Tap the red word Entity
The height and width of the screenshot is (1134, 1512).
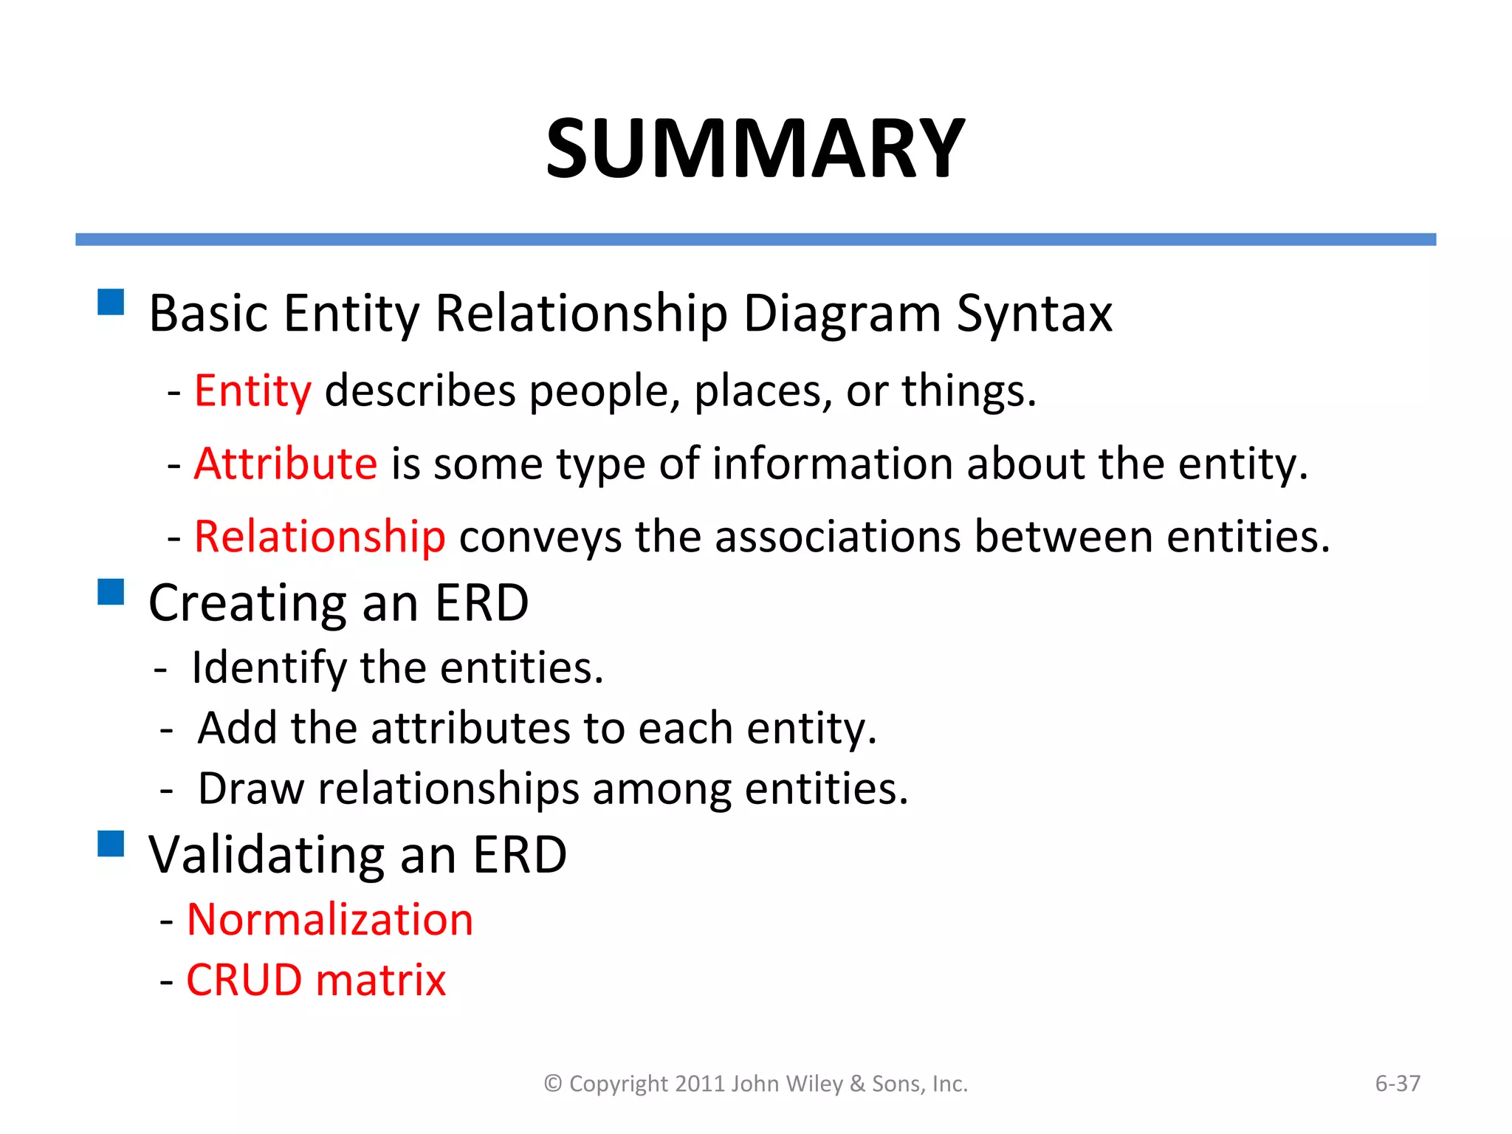pos(252,391)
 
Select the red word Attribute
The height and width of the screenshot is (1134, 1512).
pos(286,464)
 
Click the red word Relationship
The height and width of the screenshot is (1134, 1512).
pos(320,536)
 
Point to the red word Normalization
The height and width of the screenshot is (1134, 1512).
pos(330,920)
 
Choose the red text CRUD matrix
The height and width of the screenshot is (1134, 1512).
pos(316,980)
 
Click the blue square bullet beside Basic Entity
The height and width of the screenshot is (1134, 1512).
pos(111,302)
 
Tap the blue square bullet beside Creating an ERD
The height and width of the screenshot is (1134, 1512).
pos(111,592)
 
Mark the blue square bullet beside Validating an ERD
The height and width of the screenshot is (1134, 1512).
pos(111,843)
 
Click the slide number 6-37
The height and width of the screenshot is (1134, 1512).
pos(1398,1083)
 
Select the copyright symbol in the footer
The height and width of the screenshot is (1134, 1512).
pos(553,1084)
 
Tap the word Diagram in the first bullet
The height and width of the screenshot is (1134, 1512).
pos(842,315)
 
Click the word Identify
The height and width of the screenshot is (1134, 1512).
pos(269,668)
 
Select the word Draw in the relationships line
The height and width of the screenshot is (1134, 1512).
pos(251,788)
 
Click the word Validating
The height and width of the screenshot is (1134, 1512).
pos(267,855)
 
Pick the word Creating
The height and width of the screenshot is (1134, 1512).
pos(247,604)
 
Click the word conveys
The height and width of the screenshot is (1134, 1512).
pos(540,537)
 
